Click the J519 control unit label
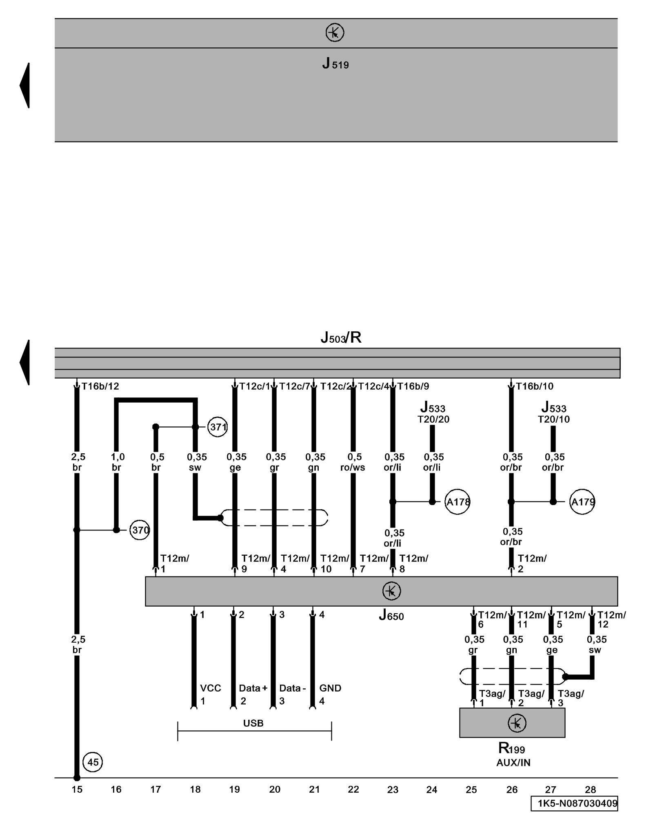[x=335, y=64]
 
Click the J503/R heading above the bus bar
[x=341, y=338]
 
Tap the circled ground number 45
[x=93, y=762]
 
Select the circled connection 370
[x=140, y=530]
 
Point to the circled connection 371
[x=218, y=427]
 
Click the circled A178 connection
[x=458, y=502]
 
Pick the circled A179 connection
[x=582, y=502]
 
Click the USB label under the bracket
[x=253, y=723]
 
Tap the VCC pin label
[x=211, y=688]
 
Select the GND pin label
[x=330, y=688]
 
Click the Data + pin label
[x=253, y=688]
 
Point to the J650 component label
[x=391, y=616]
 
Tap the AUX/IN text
[x=513, y=763]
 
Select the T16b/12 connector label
[x=100, y=386]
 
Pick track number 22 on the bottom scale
[x=353, y=789]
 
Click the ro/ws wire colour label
[x=353, y=468]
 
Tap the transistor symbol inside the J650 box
[x=391, y=591]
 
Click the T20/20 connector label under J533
[x=433, y=419]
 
